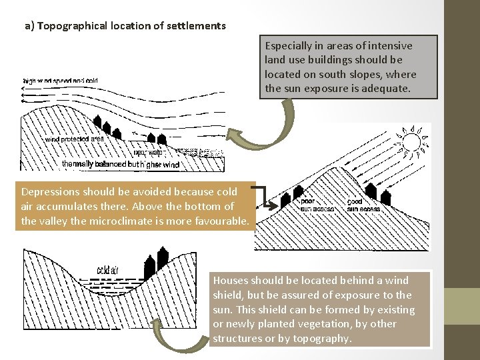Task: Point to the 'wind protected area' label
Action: tap(74, 139)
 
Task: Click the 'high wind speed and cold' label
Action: tap(61, 81)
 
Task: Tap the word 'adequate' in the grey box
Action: tap(391, 88)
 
